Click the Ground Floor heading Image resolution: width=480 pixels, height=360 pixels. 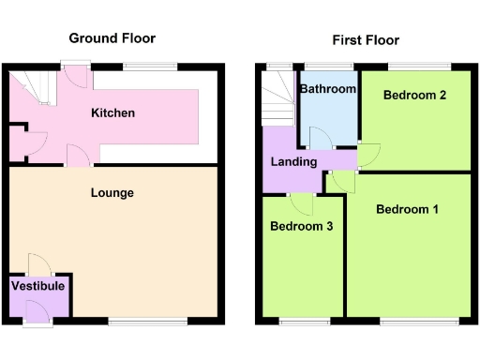coord(112,38)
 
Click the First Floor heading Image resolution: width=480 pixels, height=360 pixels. coord(365,40)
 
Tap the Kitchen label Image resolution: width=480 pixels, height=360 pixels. coord(112,113)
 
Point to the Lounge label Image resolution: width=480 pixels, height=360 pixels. coord(112,193)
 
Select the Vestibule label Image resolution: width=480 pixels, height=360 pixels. coord(38,285)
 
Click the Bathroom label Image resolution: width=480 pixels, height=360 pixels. coord(327,89)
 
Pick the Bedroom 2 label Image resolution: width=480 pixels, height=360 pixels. coord(414,95)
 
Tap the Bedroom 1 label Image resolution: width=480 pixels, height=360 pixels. coord(407,209)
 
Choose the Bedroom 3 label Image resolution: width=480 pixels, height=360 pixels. coord(302,226)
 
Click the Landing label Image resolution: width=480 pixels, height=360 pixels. coord(294,162)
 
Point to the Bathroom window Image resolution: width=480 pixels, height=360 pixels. coord(326,67)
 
